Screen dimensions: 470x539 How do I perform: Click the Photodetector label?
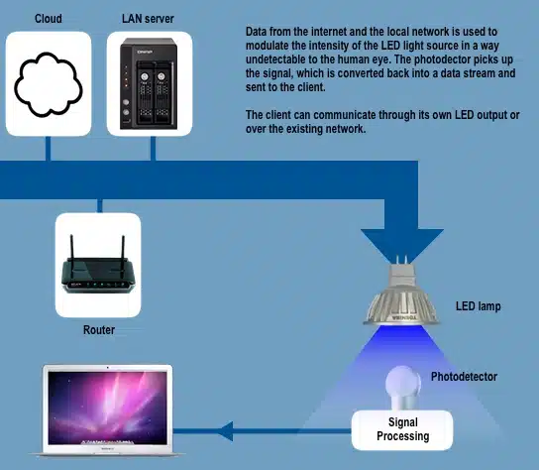pos(464,377)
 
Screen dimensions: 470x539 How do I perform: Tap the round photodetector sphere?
pos(401,383)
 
